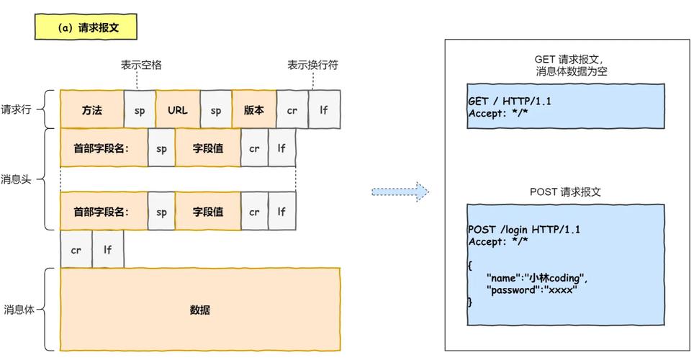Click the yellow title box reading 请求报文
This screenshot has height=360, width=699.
click(85, 28)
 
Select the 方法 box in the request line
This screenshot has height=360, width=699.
click(91, 110)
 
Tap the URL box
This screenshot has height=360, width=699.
click(177, 110)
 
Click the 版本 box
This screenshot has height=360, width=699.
click(253, 110)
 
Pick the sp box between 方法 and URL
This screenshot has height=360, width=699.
click(139, 110)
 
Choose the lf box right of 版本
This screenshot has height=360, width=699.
click(324, 110)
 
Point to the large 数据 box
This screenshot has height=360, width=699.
click(199, 310)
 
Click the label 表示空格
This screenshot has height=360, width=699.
click(141, 65)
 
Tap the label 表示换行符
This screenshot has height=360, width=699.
click(312, 65)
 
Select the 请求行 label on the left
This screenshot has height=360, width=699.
click(16, 110)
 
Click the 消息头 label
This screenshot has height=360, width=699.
click(16, 179)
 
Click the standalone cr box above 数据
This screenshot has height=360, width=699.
click(76, 250)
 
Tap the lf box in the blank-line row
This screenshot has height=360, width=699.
click(107, 250)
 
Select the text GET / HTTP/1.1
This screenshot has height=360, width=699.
click(510, 102)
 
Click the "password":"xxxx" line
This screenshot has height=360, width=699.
click(532, 288)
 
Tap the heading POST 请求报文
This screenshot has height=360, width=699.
click(565, 192)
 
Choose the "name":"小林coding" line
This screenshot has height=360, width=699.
click(537, 277)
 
